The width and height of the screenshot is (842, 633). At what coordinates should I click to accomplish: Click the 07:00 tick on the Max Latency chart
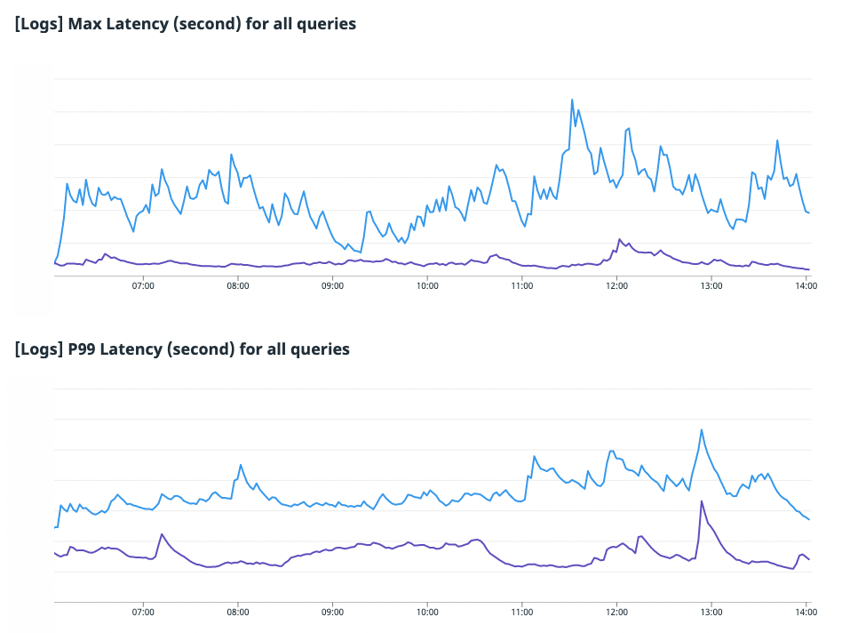click(x=143, y=286)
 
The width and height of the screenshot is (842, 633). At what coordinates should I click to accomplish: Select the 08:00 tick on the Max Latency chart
click(x=238, y=286)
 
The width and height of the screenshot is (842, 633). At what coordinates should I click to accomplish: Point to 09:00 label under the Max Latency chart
click(x=332, y=286)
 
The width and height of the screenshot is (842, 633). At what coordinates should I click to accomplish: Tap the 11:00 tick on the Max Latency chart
click(x=522, y=286)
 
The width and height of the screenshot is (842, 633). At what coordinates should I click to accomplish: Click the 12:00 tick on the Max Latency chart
click(x=616, y=286)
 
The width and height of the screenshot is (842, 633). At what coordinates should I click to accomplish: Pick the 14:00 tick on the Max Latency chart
click(x=806, y=286)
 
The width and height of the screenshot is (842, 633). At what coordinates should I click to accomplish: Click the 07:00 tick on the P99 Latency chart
click(x=143, y=612)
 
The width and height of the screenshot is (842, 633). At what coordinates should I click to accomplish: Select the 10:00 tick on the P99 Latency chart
click(x=427, y=612)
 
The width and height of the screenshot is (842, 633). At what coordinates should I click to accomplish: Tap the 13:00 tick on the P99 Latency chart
click(x=711, y=612)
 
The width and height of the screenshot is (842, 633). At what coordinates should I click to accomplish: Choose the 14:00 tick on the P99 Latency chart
click(x=806, y=612)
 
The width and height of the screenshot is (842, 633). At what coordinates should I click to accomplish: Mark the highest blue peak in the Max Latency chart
click(x=572, y=100)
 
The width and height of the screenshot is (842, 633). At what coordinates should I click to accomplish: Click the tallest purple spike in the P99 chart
click(x=702, y=501)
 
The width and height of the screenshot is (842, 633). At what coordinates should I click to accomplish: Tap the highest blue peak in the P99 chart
click(x=702, y=430)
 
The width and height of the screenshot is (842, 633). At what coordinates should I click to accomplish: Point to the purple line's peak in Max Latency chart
click(x=620, y=238)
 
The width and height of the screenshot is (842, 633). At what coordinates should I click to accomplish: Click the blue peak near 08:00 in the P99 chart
click(x=241, y=464)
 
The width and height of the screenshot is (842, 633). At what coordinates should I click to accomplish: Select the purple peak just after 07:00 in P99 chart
click(x=162, y=534)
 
